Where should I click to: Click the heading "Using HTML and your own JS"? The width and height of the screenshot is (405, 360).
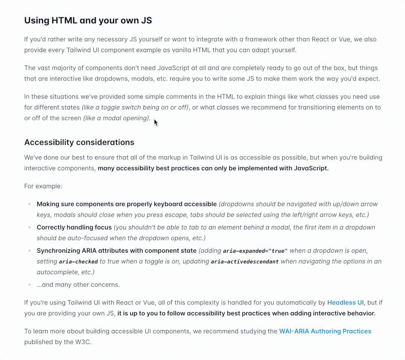tap(88, 20)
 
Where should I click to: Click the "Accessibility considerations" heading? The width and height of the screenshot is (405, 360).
tap(79, 142)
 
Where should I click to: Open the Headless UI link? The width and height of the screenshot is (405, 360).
tap(345, 303)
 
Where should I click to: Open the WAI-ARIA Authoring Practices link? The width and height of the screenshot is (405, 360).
tap(325, 331)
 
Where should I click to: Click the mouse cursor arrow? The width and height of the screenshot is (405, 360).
tap(156, 123)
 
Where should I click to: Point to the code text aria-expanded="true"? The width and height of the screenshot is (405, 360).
tap(255, 251)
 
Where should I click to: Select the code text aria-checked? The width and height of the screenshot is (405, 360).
tap(78, 262)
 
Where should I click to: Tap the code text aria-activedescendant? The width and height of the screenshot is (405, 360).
tap(244, 262)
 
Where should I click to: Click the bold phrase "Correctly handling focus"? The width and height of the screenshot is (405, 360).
tap(74, 227)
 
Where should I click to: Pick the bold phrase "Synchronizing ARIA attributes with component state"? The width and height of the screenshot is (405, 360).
tap(116, 250)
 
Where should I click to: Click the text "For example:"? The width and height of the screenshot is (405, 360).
tap(43, 186)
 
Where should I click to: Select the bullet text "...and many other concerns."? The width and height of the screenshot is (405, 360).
tap(78, 285)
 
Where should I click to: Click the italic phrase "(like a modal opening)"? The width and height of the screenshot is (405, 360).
tap(116, 118)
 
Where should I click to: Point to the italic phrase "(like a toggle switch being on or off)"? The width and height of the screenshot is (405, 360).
tap(135, 107)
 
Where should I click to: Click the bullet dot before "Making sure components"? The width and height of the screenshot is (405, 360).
tap(29, 204)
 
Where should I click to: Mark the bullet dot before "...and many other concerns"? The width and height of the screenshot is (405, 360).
tap(29, 285)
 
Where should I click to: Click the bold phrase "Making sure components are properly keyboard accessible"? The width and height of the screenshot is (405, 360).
tap(126, 204)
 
